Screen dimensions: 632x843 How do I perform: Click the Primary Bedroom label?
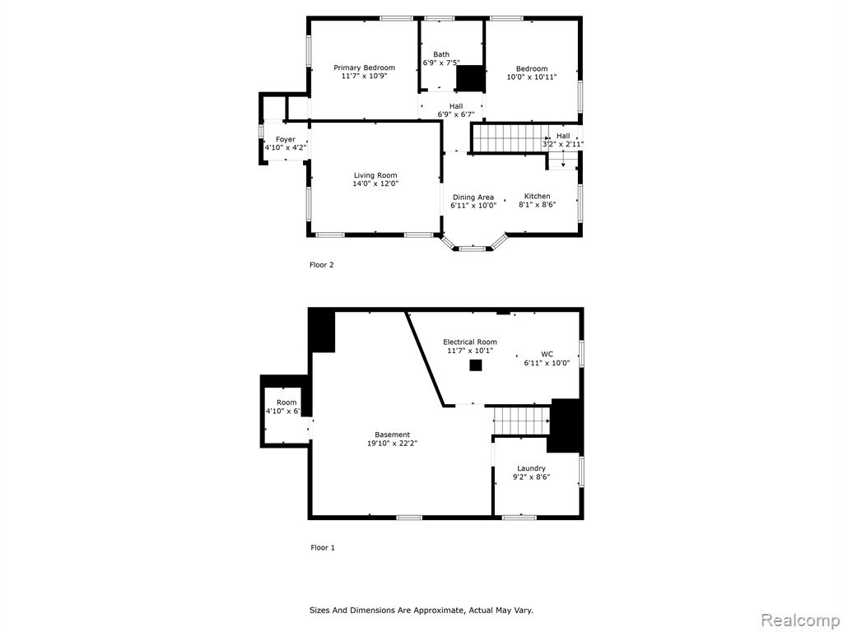click(x=364, y=67)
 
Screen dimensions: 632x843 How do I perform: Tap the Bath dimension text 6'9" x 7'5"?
click(x=441, y=63)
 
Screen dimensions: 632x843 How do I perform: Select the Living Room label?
click(x=375, y=175)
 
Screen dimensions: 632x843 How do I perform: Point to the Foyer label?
click(x=286, y=140)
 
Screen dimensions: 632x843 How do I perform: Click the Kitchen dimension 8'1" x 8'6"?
click(x=537, y=205)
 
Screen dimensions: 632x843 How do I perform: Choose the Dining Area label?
click(x=473, y=197)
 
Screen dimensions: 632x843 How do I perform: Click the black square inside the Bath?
click(x=470, y=79)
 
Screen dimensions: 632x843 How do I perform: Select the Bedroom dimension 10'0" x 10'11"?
click(x=532, y=77)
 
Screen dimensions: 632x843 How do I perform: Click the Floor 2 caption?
click(x=321, y=265)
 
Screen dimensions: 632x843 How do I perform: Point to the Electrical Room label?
click(x=470, y=342)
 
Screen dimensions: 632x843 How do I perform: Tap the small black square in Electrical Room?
click(x=475, y=365)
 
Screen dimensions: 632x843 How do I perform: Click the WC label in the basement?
click(x=547, y=354)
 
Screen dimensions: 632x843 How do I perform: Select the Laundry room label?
click(x=531, y=468)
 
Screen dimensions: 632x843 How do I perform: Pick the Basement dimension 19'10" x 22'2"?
click(x=392, y=444)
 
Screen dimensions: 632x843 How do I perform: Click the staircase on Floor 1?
click(x=521, y=421)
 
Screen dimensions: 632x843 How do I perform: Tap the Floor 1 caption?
click(x=322, y=547)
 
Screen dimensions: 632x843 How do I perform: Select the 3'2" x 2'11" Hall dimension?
click(x=563, y=144)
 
